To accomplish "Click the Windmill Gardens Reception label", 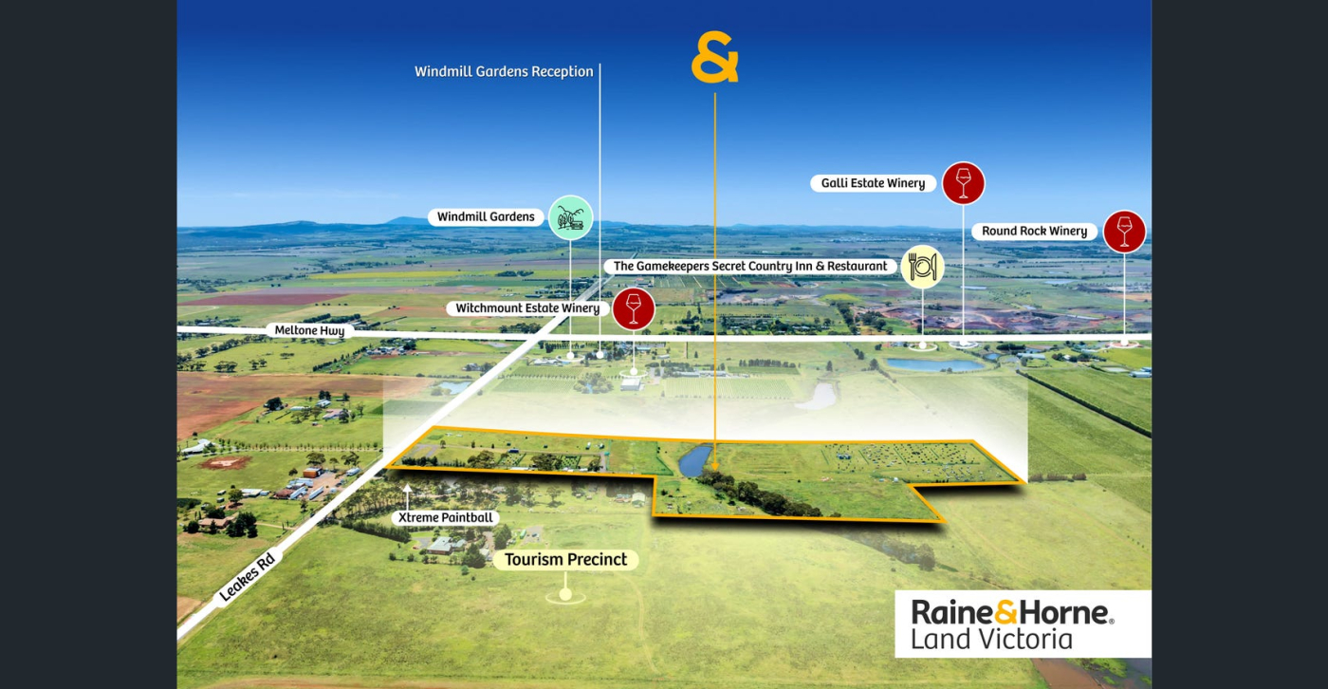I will click(x=504, y=71).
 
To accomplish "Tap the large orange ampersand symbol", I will click(x=714, y=60).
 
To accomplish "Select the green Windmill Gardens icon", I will click(x=570, y=217).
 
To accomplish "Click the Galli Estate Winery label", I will click(x=873, y=183).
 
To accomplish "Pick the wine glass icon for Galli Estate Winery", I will click(x=963, y=183).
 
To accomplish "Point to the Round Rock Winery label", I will click(x=1034, y=231).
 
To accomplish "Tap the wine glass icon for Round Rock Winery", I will click(x=1124, y=231).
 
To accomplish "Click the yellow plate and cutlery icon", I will click(x=922, y=267).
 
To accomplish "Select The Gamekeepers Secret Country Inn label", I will click(x=750, y=267).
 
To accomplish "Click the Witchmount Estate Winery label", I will click(x=527, y=308).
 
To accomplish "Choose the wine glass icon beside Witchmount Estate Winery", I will click(x=634, y=308).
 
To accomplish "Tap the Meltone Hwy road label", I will click(x=308, y=331).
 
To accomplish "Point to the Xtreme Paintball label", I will click(x=444, y=518).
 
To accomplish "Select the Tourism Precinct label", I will click(x=565, y=560).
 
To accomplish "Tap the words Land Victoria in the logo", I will click(x=991, y=639).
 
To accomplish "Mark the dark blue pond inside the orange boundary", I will click(x=695, y=461).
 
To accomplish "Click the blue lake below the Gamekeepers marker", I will click(x=934, y=364).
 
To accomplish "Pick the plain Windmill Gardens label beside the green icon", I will click(x=487, y=217).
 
